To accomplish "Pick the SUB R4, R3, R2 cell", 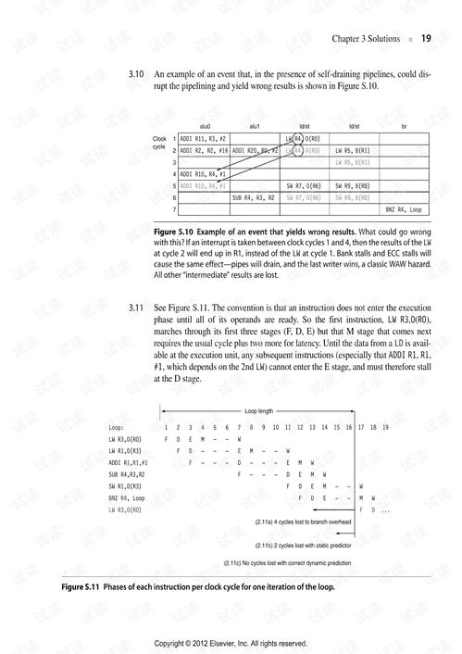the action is (254, 196).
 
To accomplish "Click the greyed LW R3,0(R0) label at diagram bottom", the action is (126, 509).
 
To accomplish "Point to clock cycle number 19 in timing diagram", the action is (384, 427).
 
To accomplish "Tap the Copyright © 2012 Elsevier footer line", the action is (230, 642).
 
